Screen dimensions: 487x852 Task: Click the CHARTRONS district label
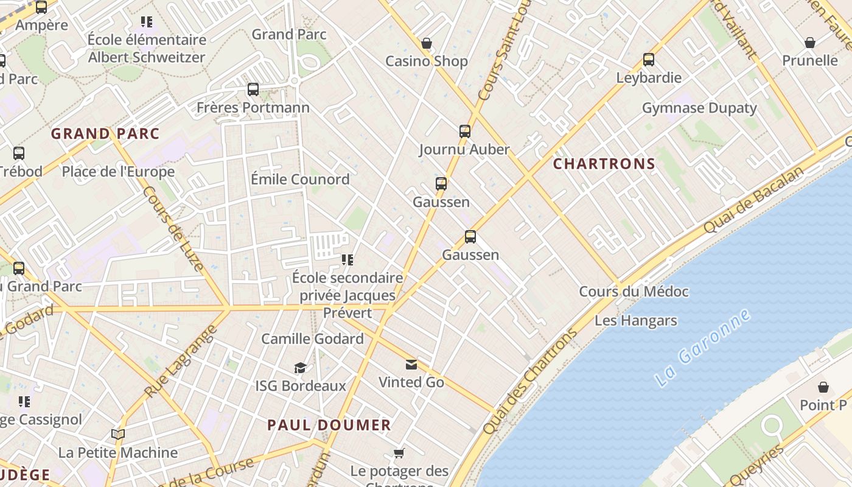pyautogui.click(x=604, y=164)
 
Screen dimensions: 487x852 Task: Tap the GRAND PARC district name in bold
pyautogui.click(x=105, y=134)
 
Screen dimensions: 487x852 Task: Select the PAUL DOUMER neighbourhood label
pyautogui.click(x=329, y=425)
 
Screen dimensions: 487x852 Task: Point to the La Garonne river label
pyautogui.click(x=702, y=349)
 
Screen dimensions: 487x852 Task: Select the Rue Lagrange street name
pyautogui.click(x=181, y=361)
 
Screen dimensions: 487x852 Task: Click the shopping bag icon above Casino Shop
pyautogui.click(x=427, y=43)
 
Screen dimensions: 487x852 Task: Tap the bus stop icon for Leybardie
pyautogui.click(x=649, y=60)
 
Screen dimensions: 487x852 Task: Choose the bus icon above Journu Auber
pyautogui.click(x=464, y=131)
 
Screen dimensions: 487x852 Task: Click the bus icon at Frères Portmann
pyautogui.click(x=253, y=89)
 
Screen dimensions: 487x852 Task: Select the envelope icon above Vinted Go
pyautogui.click(x=411, y=365)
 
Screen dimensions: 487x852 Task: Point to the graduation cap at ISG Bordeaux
pyautogui.click(x=300, y=368)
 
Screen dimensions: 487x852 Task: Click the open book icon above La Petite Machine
pyautogui.click(x=118, y=435)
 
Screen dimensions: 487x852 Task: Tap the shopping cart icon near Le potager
pyautogui.click(x=399, y=453)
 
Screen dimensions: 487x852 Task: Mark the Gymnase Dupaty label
pyautogui.click(x=699, y=108)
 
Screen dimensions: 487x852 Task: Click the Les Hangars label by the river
pyautogui.click(x=635, y=321)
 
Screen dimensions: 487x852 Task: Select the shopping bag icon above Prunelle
pyautogui.click(x=809, y=43)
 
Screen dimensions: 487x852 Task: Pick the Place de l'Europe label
pyautogui.click(x=118, y=172)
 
